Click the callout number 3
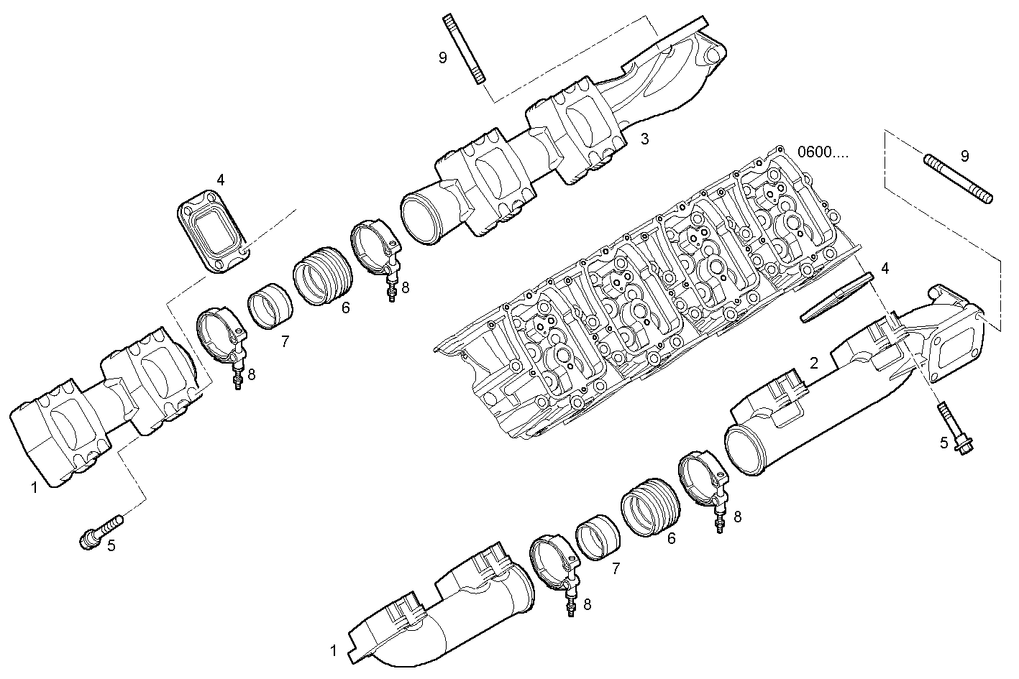(644, 139)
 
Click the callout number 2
(813, 364)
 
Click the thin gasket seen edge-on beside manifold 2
(836, 296)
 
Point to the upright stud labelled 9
(464, 49)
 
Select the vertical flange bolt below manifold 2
(954, 428)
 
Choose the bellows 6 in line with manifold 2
(649, 507)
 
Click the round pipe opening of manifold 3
(421, 216)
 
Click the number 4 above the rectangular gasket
(221, 180)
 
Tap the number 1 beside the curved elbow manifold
(334, 651)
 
